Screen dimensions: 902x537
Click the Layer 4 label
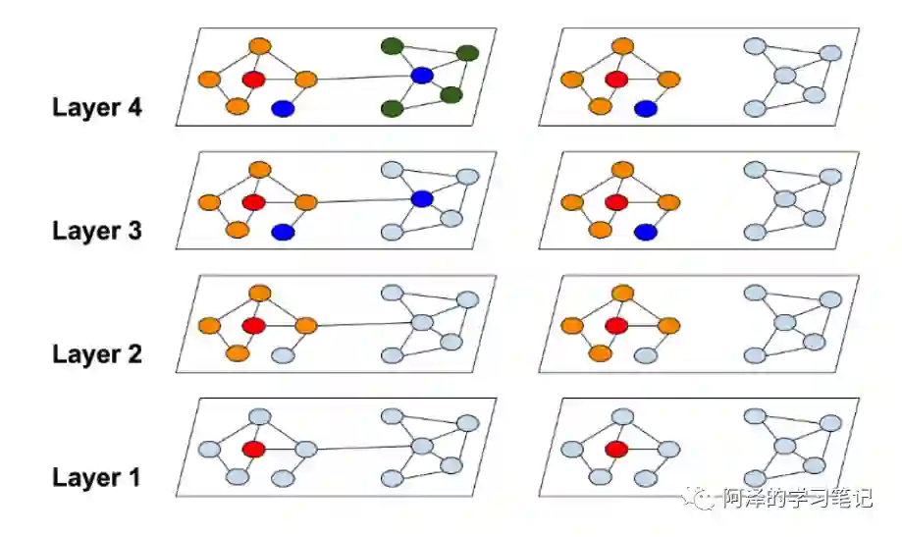pyautogui.click(x=96, y=107)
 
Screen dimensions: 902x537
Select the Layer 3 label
pyautogui.click(x=96, y=231)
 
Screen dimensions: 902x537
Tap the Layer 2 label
pyautogui.click(x=96, y=354)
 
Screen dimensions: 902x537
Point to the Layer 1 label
pyautogui.click(x=96, y=478)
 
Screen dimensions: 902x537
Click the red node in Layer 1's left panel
pyautogui.click(x=253, y=450)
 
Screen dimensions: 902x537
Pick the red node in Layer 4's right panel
pyautogui.click(x=615, y=79)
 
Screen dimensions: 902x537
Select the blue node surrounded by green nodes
pyautogui.click(x=422, y=76)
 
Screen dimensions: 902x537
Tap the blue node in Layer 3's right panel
pyautogui.click(x=645, y=232)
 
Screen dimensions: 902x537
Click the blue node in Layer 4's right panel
pyautogui.click(x=645, y=108)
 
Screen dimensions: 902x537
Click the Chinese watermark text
pyautogui.click(x=797, y=499)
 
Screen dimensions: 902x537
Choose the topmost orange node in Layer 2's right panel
pyautogui.click(x=621, y=293)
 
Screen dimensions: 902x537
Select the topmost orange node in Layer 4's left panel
pyautogui.click(x=259, y=46)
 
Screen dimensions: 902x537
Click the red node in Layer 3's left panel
pyautogui.click(x=253, y=202)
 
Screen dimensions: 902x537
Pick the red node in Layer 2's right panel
pyautogui.click(x=615, y=325)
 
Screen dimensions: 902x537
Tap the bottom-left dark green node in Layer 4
pyautogui.click(x=393, y=108)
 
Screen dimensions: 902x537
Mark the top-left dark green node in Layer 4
pyautogui.click(x=392, y=45)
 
